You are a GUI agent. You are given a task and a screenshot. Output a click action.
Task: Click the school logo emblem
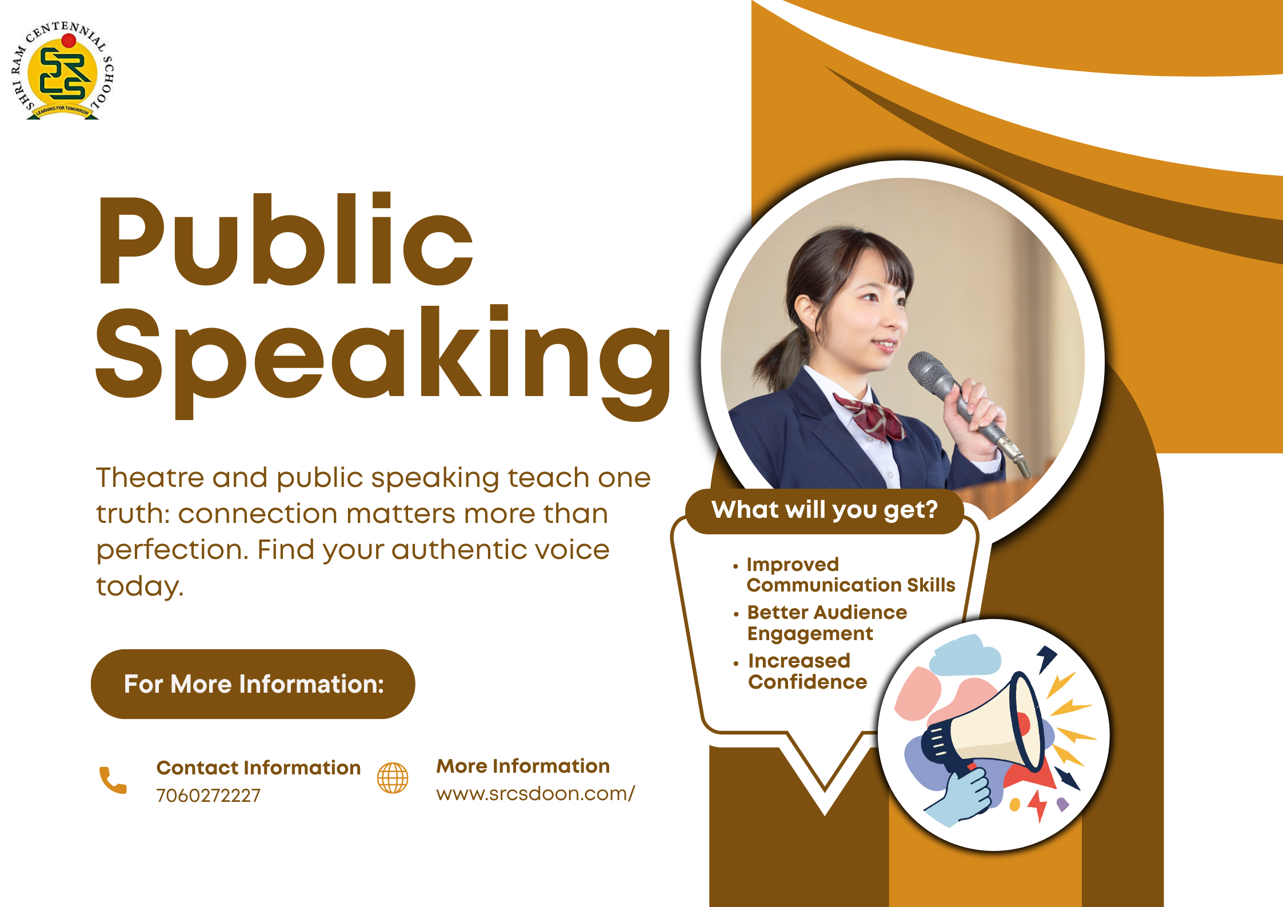tap(63, 70)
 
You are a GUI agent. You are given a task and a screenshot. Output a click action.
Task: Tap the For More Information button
tap(253, 684)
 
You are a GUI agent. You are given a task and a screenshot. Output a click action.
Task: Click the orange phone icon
tap(113, 780)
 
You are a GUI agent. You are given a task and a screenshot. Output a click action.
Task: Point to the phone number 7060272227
tap(208, 796)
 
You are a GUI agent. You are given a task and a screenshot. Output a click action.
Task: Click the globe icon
tap(393, 778)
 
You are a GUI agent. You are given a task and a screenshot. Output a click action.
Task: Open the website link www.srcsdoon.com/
tap(535, 794)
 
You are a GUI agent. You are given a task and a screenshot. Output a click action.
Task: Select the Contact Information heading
tap(258, 768)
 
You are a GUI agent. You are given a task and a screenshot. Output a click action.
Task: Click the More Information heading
tap(523, 766)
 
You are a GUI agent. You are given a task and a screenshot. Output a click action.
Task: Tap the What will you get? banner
tap(825, 510)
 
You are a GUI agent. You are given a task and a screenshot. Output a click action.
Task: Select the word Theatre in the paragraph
tap(150, 477)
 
